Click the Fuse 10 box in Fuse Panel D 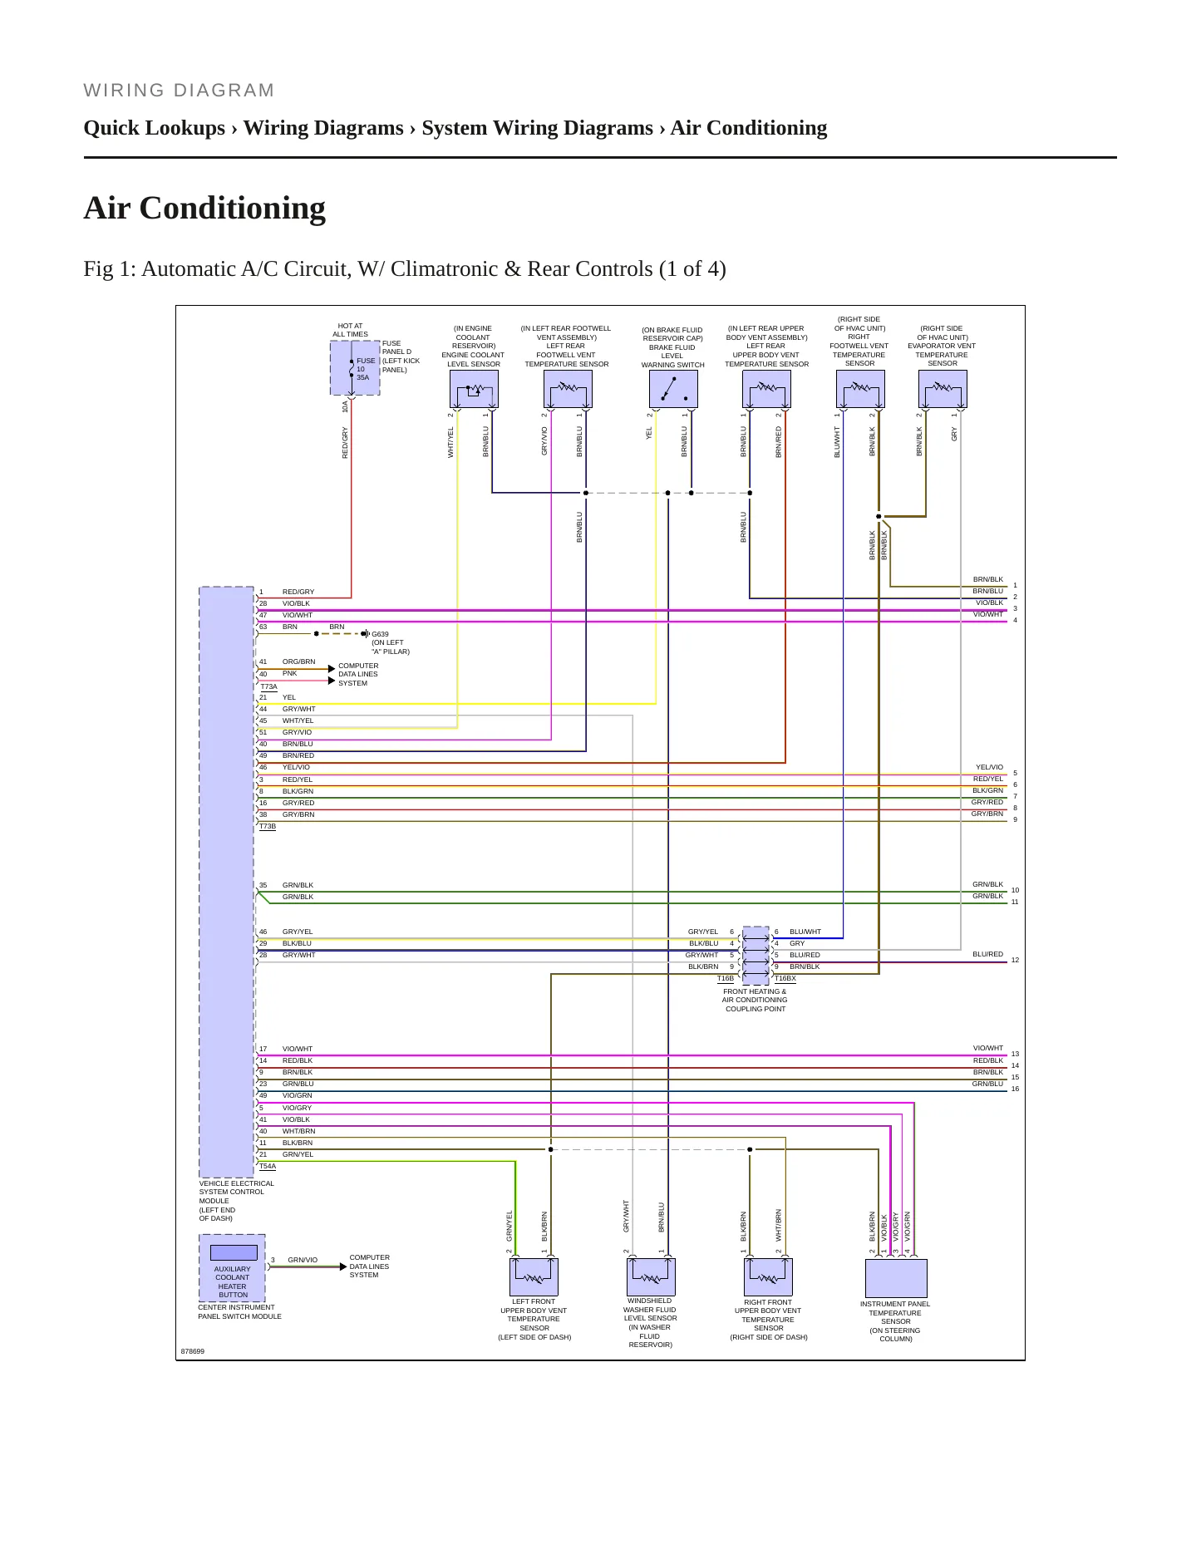coord(355,368)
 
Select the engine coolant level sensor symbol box coord(474,389)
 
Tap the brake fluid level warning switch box coord(673,389)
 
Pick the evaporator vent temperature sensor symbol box coord(943,389)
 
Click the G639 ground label coord(380,634)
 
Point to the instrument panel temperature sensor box coord(896,1278)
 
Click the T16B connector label coord(726,978)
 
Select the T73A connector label coord(268,686)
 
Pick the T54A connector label coord(268,1166)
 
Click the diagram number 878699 coord(193,1351)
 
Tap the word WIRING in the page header coord(125,91)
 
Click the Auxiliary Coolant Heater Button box coord(233,1268)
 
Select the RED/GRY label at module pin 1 coord(298,592)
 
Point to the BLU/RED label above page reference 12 coord(988,954)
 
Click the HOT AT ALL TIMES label coord(351,330)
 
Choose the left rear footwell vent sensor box coord(568,389)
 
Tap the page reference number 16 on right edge coord(1015,1089)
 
